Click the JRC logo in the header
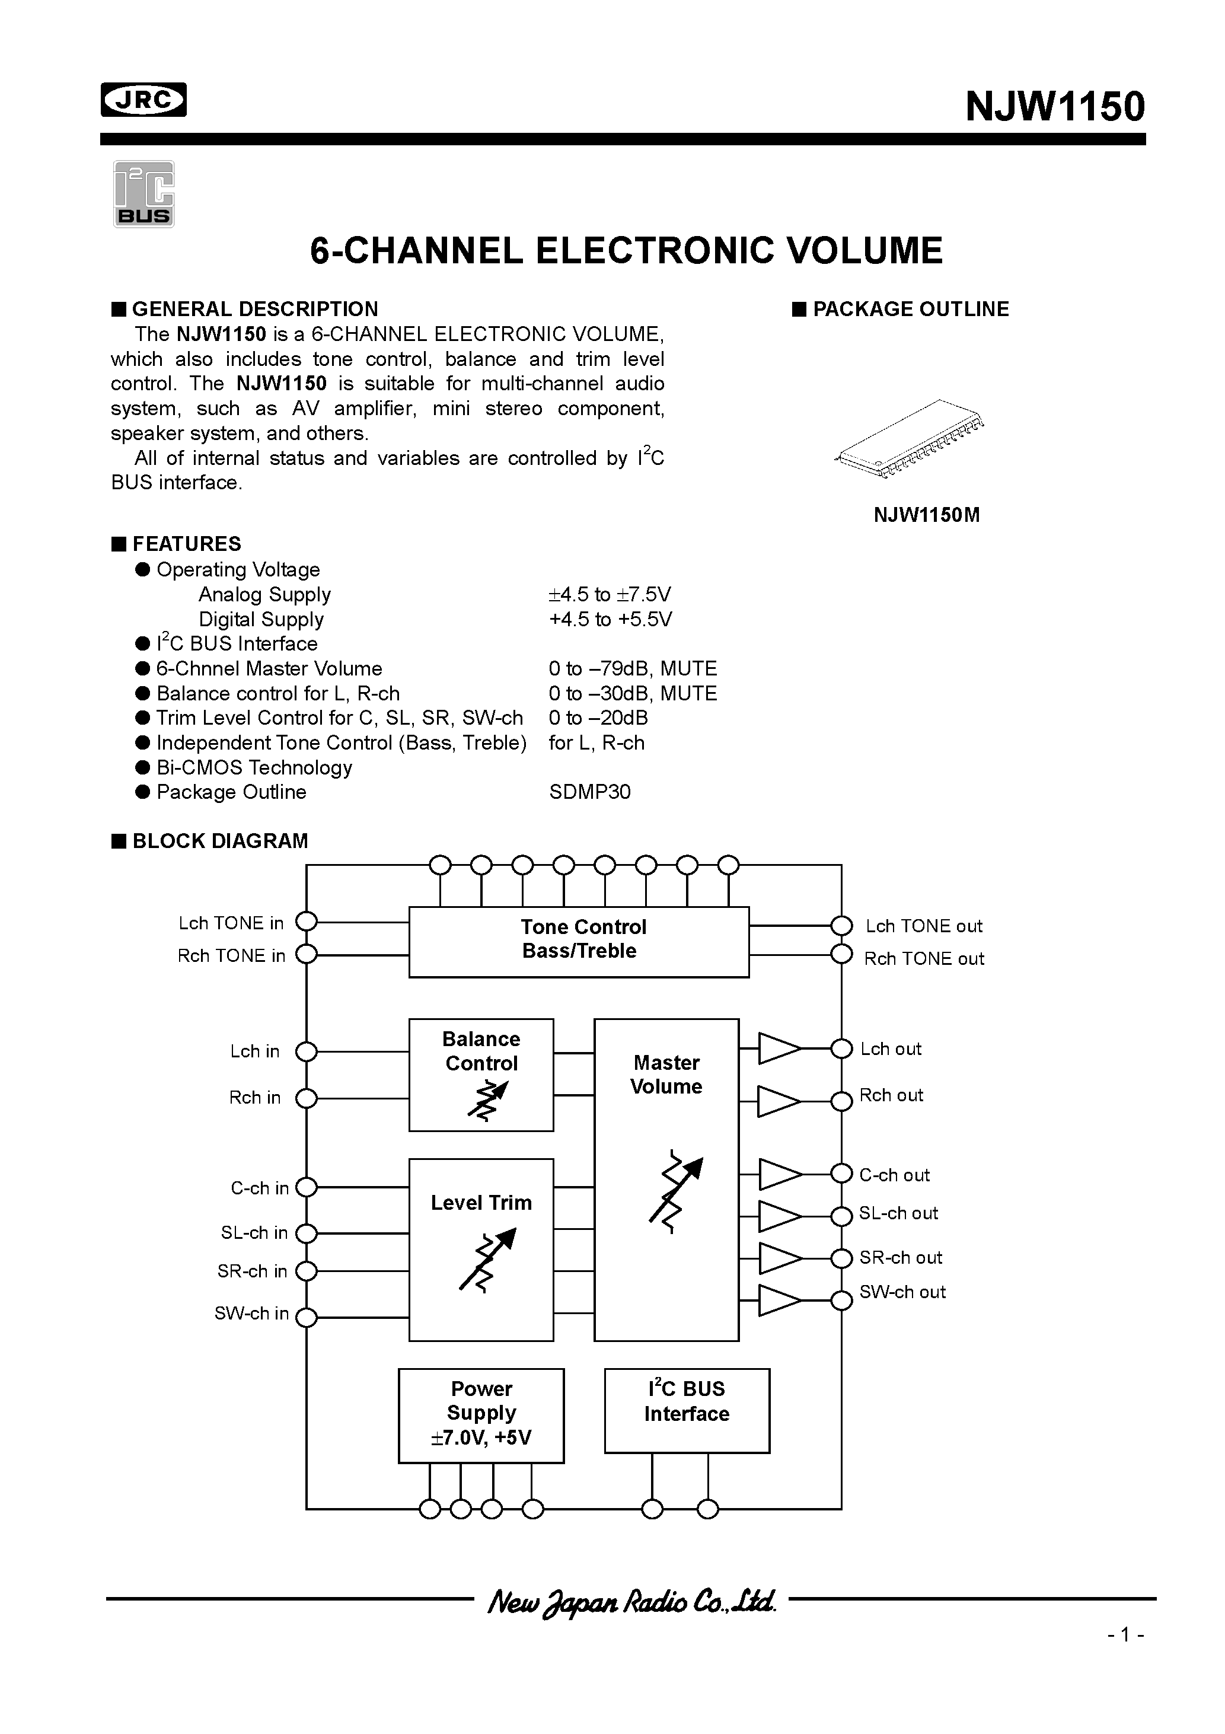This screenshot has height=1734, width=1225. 143,100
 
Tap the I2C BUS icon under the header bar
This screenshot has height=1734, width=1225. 143,194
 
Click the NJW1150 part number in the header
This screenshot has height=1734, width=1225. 1054,107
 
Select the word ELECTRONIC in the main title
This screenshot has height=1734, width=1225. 655,251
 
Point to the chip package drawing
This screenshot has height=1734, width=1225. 911,438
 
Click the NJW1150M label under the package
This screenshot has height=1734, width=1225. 926,515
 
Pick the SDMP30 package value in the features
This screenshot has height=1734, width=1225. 589,792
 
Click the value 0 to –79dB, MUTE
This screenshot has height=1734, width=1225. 632,668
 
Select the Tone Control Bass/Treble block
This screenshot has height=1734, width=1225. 579,941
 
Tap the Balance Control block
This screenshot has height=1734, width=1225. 481,1074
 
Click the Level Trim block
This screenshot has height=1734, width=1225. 481,1249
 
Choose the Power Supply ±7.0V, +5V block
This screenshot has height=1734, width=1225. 481,1414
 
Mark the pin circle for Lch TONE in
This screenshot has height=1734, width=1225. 306,922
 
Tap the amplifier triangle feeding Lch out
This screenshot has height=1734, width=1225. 778,1048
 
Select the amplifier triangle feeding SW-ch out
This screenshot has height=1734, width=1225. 778,1301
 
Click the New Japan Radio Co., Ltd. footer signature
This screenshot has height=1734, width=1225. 631,1601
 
